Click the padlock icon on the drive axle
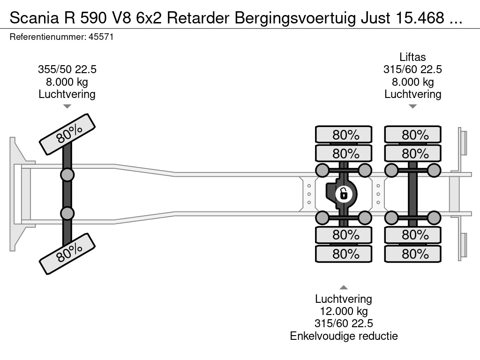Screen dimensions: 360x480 pos(344,193)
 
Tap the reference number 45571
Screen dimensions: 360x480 pos(101,37)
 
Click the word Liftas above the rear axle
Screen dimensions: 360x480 pos(412,57)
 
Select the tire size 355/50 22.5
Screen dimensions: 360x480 pos(67,70)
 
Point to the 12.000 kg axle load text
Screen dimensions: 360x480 pos(344,311)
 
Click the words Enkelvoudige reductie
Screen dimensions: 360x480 pos(344,336)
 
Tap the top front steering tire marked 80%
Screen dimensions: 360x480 pos(67,134)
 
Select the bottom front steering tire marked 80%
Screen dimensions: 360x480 pos(67,255)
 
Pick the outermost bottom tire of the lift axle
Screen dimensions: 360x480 pos(412,254)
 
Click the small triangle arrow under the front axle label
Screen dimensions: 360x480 pos(67,106)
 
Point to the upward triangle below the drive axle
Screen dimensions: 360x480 pos(344,287)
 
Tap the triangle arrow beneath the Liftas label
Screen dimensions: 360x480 pos(412,106)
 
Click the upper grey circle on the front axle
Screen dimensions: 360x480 pos(67,175)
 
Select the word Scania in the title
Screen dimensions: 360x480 pos(30,18)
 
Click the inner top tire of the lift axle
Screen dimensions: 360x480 pos(412,153)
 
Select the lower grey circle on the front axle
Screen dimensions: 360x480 pos(67,213)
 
